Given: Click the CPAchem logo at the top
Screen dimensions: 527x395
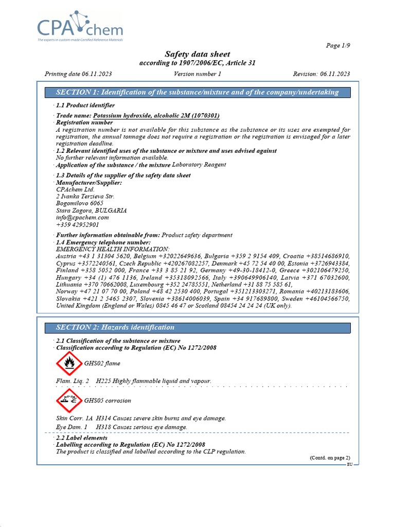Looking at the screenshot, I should click(x=79, y=25).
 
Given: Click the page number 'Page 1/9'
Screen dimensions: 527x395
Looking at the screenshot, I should click(x=338, y=46).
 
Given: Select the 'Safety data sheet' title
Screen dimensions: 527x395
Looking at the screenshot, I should click(x=197, y=54).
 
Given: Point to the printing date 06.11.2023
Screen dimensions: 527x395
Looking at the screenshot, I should click(x=95, y=74).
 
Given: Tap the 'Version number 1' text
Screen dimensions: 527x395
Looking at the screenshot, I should click(x=197, y=74).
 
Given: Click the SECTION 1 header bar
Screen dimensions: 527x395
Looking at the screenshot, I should click(x=197, y=93).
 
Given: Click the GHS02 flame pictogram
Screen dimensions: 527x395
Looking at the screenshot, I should click(x=69, y=364).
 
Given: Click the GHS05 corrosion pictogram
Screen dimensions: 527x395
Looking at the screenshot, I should click(x=69, y=401).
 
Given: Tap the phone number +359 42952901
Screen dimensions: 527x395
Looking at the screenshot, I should click(x=78, y=225).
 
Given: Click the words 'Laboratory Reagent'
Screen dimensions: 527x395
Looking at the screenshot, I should click(x=199, y=165).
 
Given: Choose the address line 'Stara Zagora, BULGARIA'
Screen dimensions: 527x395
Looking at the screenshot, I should click(x=92, y=210).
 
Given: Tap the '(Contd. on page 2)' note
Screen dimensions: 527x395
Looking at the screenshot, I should click(x=330, y=458).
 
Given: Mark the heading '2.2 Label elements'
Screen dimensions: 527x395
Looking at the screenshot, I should click(x=81, y=438).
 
